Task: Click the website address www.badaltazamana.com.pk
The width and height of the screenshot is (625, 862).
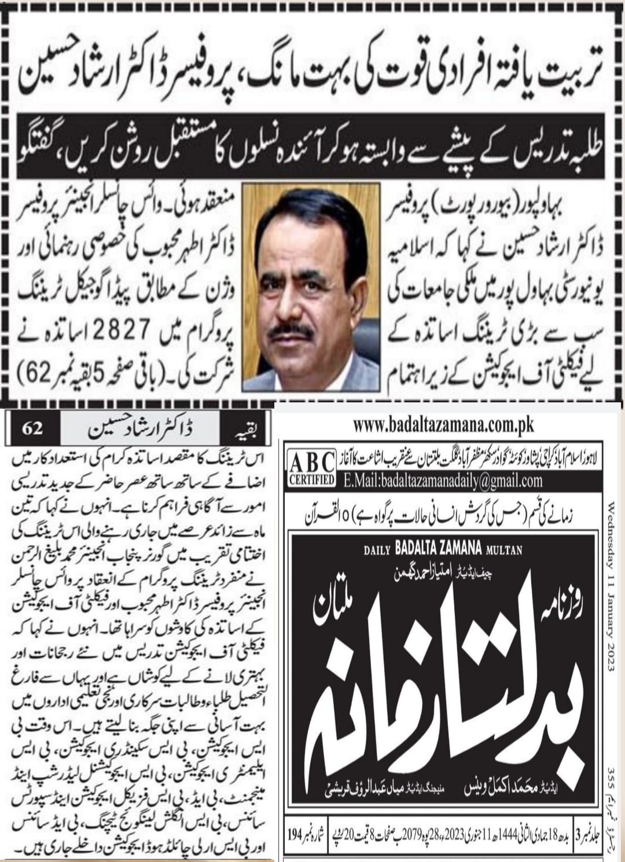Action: pyautogui.click(x=443, y=426)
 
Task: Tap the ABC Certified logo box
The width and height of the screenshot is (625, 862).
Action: pyautogui.click(x=311, y=468)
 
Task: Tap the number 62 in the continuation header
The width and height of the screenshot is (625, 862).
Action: pyautogui.click(x=33, y=430)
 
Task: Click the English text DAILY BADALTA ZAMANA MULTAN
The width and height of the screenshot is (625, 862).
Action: pyautogui.click(x=443, y=551)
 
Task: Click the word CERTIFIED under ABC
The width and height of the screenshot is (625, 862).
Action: pyautogui.click(x=311, y=480)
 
